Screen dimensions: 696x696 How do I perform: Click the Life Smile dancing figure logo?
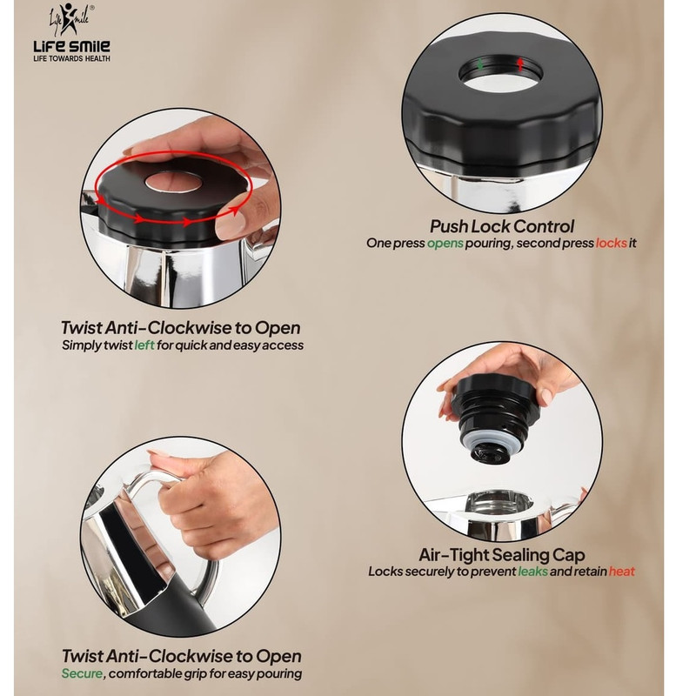click(x=70, y=20)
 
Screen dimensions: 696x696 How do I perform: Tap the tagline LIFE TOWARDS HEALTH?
click(x=72, y=58)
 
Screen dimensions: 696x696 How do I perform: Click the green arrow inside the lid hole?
click(x=480, y=64)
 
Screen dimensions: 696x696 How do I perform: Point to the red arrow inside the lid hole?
click(x=520, y=64)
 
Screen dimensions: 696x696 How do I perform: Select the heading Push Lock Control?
click(x=502, y=226)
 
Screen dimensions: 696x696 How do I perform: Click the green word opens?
click(x=445, y=244)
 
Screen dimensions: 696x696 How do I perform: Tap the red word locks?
click(x=612, y=244)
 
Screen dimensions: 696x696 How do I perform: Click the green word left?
click(x=144, y=345)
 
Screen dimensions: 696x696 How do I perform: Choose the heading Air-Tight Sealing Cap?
click(x=502, y=555)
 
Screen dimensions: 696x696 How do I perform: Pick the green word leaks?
click(x=532, y=572)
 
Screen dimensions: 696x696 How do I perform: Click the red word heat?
click(x=621, y=572)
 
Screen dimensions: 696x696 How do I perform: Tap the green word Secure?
click(x=82, y=673)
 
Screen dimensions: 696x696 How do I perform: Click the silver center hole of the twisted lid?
click(x=174, y=182)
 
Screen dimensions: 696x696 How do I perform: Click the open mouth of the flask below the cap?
click(x=499, y=503)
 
